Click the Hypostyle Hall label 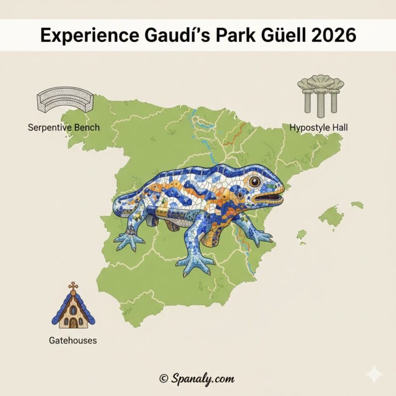pyautogui.click(x=318, y=127)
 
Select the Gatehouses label pyautogui.click(x=73, y=341)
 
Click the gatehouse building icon pyautogui.click(x=73, y=308)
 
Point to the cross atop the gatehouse pyautogui.click(x=73, y=286)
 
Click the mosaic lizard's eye pyautogui.click(x=254, y=181)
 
